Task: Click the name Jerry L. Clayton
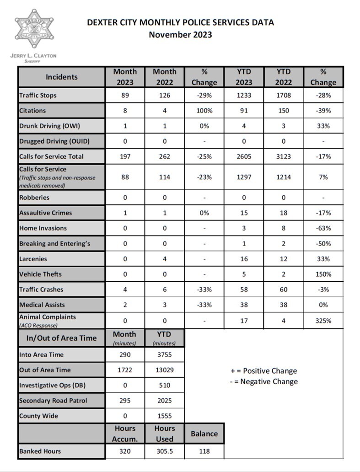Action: pos(33,56)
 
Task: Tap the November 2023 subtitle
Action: pos(180,35)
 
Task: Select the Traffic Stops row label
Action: pos(38,96)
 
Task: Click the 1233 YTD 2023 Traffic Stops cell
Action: pos(244,96)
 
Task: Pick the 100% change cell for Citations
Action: pos(204,111)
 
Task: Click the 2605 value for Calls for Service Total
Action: pos(244,156)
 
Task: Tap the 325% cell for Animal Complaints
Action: pos(323,321)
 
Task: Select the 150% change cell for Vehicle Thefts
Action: pos(323,274)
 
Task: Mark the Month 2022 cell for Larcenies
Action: pos(165,259)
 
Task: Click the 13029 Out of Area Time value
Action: pos(165,370)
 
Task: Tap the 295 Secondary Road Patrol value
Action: pos(125,401)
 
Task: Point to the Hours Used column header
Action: pos(165,434)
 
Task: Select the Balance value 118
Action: pos(204,451)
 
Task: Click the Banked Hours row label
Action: pos(40,451)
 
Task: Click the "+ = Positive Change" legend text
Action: pos(264,371)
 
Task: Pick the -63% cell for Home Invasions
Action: pos(323,228)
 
